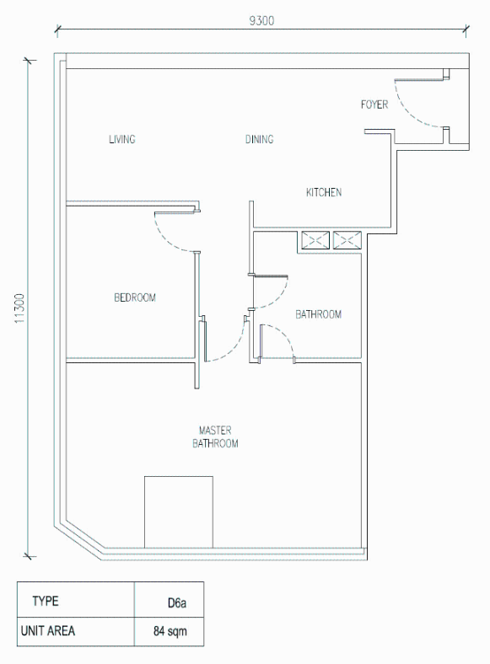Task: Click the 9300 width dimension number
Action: click(x=261, y=20)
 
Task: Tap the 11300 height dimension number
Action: click(x=20, y=308)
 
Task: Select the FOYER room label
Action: click(x=374, y=104)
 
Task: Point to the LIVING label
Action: click(x=122, y=139)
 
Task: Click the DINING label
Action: click(x=260, y=139)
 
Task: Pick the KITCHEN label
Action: click(x=324, y=192)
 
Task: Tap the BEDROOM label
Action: click(x=135, y=297)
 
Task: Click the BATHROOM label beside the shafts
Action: click(x=318, y=314)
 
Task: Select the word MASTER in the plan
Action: click(x=215, y=431)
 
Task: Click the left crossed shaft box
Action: click(x=315, y=240)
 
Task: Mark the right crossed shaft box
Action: click(x=347, y=240)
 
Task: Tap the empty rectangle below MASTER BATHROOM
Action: click(x=179, y=512)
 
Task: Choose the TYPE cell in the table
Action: click(x=76, y=599)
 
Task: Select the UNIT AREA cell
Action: click(x=76, y=631)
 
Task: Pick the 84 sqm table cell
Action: click(x=170, y=631)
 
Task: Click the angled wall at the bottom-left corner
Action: click(x=79, y=542)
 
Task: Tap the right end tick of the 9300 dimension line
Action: click(x=466, y=29)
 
